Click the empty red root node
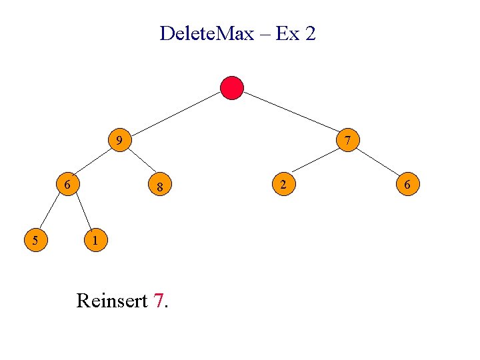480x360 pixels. pyautogui.click(x=232, y=88)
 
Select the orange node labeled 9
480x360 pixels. pyautogui.click(x=119, y=141)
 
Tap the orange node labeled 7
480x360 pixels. pyautogui.click(x=349, y=141)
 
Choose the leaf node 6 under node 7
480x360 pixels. pyautogui.click(x=408, y=184)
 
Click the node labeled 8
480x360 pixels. pyautogui.click(x=161, y=187)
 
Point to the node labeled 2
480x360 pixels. pyautogui.click(x=283, y=184)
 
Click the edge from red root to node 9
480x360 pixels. pyautogui.click(x=175, y=114)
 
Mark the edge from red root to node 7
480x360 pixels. pyautogui.click(x=291, y=114)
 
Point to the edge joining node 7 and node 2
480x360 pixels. pyautogui.click(x=316, y=163)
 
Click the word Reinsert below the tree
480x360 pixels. pyautogui.click(x=111, y=301)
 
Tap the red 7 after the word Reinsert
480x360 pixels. pyautogui.click(x=158, y=301)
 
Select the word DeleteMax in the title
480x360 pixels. pyautogui.click(x=207, y=33)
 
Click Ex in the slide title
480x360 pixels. pyautogui.click(x=287, y=33)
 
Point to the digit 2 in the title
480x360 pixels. pyautogui.click(x=309, y=33)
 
